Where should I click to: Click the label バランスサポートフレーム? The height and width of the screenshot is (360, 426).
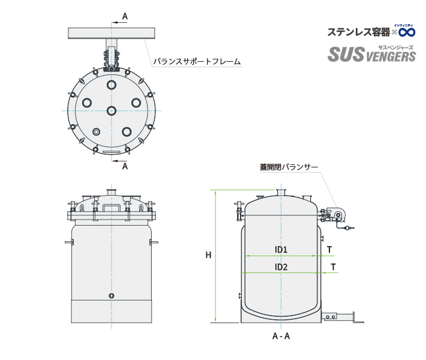[196, 61]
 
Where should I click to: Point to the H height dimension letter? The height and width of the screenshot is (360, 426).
[208, 255]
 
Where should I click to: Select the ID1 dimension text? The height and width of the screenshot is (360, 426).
[281, 249]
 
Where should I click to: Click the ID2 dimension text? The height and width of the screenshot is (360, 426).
[281, 267]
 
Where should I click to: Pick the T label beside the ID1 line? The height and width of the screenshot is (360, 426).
[329, 249]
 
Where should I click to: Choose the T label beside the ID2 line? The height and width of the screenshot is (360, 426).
[333, 267]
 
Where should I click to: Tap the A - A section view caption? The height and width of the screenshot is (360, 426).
[281, 336]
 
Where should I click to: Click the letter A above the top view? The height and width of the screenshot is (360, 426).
[125, 17]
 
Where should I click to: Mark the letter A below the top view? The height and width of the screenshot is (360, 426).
[125, 166]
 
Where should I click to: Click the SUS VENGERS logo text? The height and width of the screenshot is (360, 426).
[371, 56]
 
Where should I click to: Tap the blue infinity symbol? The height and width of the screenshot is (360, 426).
[407, 31]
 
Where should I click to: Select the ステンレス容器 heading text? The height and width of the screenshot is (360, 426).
[358, 31]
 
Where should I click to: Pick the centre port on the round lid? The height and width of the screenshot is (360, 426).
[112, 110]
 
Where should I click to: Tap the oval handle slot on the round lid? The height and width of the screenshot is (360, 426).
[112, 153]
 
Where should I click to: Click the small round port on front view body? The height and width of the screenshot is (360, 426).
[111, 295]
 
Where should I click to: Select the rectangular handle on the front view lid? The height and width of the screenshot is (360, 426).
[111, 208]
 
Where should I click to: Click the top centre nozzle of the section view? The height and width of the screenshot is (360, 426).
[281, 193]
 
